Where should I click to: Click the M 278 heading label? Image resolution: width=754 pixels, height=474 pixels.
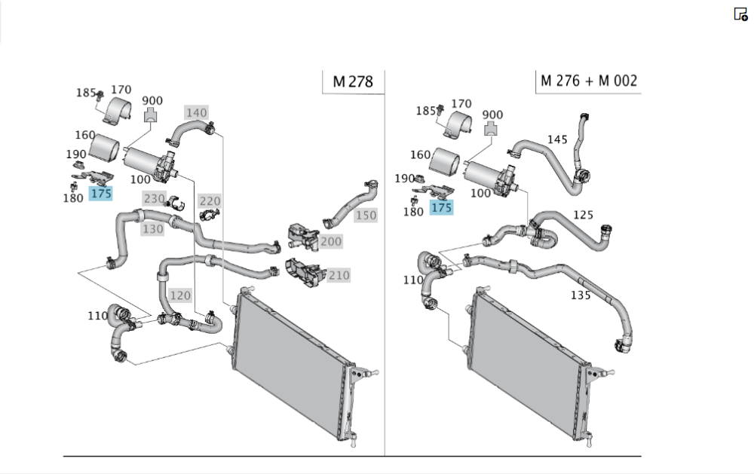[352, 81]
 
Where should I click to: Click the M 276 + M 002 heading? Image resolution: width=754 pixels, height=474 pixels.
[589, 81]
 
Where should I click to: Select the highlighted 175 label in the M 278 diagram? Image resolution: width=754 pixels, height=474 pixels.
[100, 194]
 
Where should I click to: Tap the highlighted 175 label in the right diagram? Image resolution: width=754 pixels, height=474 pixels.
[441, 207]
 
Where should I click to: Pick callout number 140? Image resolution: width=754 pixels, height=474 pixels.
[196, 113]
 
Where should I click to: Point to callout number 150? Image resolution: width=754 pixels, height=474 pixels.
[366, 216]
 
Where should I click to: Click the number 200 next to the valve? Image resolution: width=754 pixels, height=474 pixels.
[330, 241]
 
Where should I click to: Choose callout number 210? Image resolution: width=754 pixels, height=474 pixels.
[339, 276]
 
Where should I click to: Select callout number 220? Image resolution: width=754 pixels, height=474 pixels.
[210, 201]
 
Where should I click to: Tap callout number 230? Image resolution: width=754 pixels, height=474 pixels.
[155, 199]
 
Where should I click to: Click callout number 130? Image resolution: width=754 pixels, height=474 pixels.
[153, 229]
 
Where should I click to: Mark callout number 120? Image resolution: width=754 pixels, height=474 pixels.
[180, 295]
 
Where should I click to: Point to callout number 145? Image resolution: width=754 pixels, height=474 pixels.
[557, 139]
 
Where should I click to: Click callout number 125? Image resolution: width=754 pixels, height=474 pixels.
[583, 215]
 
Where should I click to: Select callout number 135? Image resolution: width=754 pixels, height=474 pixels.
[580, 295]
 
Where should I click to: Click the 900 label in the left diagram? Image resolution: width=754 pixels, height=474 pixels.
[152, 101]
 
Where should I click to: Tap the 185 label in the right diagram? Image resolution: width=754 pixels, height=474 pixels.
[426, 111]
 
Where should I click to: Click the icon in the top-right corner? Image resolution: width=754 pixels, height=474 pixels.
[740, 14]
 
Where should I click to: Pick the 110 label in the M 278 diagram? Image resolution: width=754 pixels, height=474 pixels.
[97, 316]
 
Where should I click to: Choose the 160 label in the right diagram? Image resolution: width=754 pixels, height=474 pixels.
[420, 155]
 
